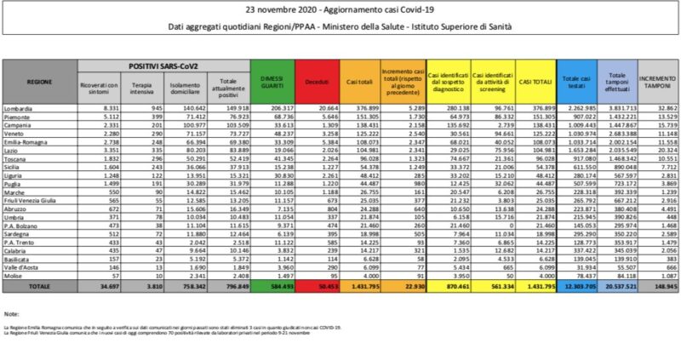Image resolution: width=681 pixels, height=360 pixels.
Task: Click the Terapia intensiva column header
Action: [x=136, y=86]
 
